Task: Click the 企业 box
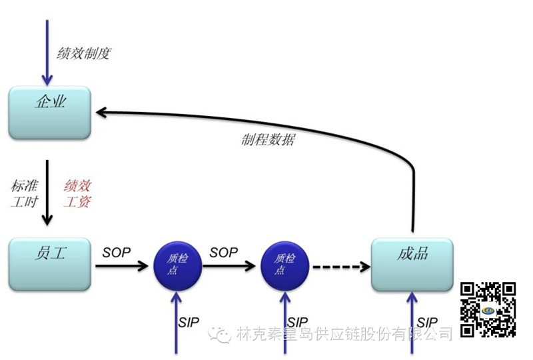coord(49,112)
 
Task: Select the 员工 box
coord(49,263)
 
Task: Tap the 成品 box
coord(412,263)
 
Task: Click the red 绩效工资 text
coord(77,193)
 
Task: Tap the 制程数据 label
coord(268,140)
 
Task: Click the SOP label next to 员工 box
coord(117,253)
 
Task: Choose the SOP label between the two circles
coord(224,253)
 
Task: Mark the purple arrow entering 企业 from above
coord(47,50)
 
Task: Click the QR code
coord(489,309)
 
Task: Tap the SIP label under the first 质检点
coord(189,322)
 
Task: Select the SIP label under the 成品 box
coord(428,322)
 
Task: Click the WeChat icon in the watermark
coord(219,333)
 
